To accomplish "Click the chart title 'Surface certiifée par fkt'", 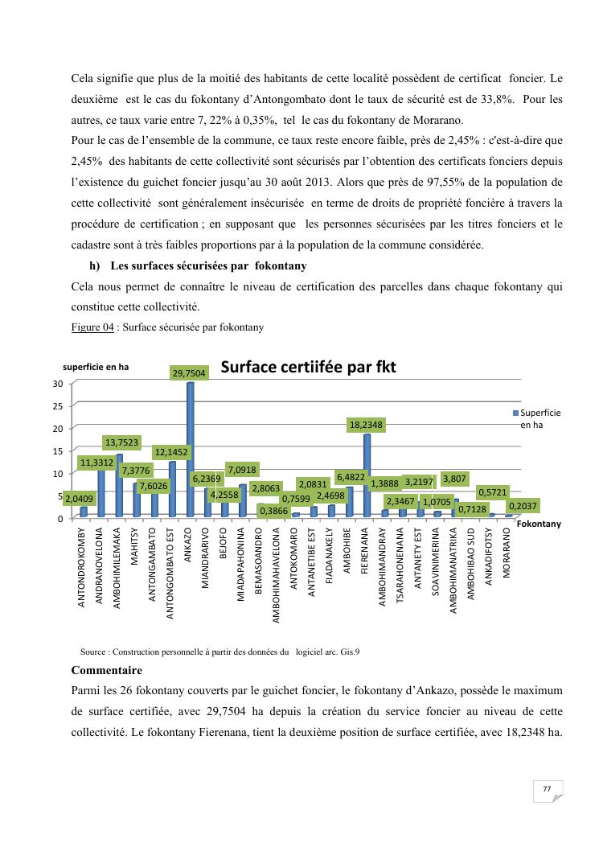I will [x=308, y=368].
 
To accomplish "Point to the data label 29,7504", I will [x=190, y=372].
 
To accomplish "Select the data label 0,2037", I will [x=523, y=506].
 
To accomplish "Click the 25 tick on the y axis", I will [x=58, y=405].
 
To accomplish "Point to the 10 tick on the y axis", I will [x=58, y=473].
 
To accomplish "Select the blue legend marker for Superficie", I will [x=516, y=413].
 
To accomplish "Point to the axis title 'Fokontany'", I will [x=539, y=524].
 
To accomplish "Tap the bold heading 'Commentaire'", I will [x=107, y=670].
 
